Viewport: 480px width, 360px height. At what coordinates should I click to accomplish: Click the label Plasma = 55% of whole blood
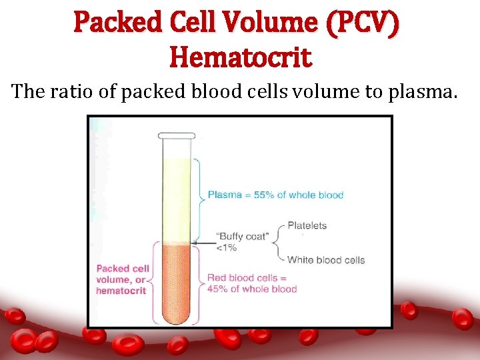point(275,195)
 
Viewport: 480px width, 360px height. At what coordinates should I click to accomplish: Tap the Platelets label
point(307,225)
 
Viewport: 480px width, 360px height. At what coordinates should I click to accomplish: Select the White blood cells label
point(326,260)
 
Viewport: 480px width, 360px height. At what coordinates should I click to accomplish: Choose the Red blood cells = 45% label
point(251,283)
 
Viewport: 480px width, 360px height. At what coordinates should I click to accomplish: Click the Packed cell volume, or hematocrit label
point(123,279)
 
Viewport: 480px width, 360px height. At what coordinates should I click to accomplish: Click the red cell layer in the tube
point(176,280)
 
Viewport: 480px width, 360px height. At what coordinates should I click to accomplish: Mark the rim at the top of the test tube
point(176,135)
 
